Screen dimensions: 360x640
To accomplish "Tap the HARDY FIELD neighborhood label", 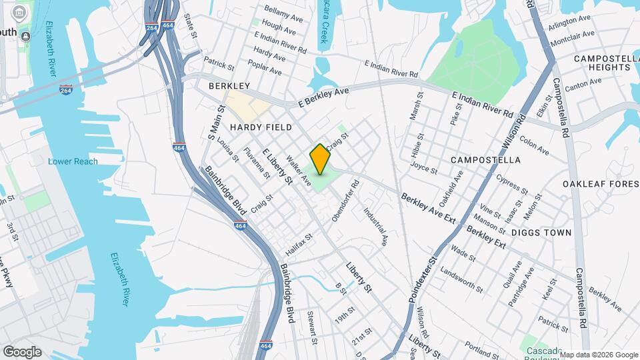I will coord(261,127).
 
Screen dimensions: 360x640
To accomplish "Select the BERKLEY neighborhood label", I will coord(229,86).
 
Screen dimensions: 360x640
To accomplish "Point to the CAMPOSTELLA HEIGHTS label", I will coord(606,63).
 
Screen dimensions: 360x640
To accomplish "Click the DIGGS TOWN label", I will coord(541,233).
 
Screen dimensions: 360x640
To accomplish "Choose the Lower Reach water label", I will coord(73,161).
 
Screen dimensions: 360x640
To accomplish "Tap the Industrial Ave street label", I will coord(375,227).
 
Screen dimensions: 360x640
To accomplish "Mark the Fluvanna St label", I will coord(257,163).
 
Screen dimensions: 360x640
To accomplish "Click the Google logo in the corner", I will coord(22,351).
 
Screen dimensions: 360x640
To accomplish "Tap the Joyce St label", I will coord(424,167).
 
